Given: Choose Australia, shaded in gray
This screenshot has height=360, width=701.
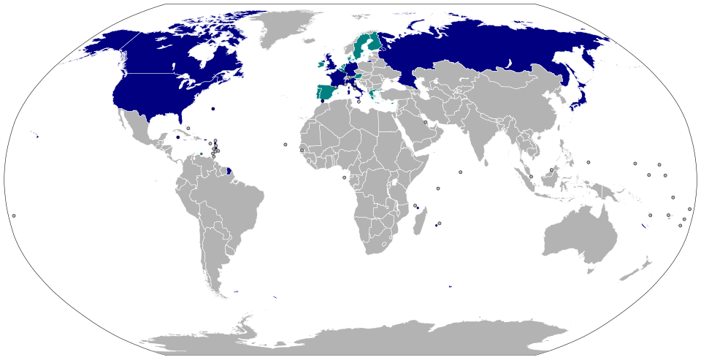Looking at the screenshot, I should (577, 234).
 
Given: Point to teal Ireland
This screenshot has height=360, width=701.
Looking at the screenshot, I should (321, 64).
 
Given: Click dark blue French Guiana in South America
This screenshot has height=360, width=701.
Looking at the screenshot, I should (229, 171).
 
